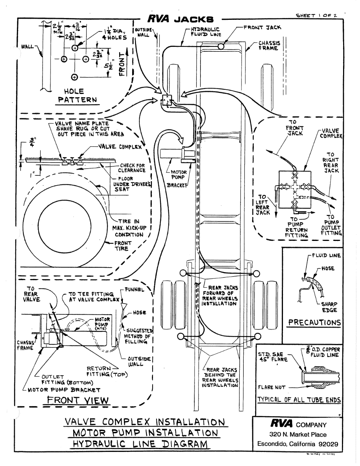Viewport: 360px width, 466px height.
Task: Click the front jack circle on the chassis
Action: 221,46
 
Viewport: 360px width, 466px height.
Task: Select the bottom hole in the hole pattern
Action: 75,77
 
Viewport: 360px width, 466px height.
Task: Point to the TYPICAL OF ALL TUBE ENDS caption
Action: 298,400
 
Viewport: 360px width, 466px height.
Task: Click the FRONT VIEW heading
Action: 79,400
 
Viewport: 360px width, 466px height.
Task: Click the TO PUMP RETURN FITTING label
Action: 296,227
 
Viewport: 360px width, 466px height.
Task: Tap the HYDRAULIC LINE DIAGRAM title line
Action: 140,443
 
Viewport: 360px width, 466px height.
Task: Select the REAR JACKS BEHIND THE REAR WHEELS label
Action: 220,377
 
